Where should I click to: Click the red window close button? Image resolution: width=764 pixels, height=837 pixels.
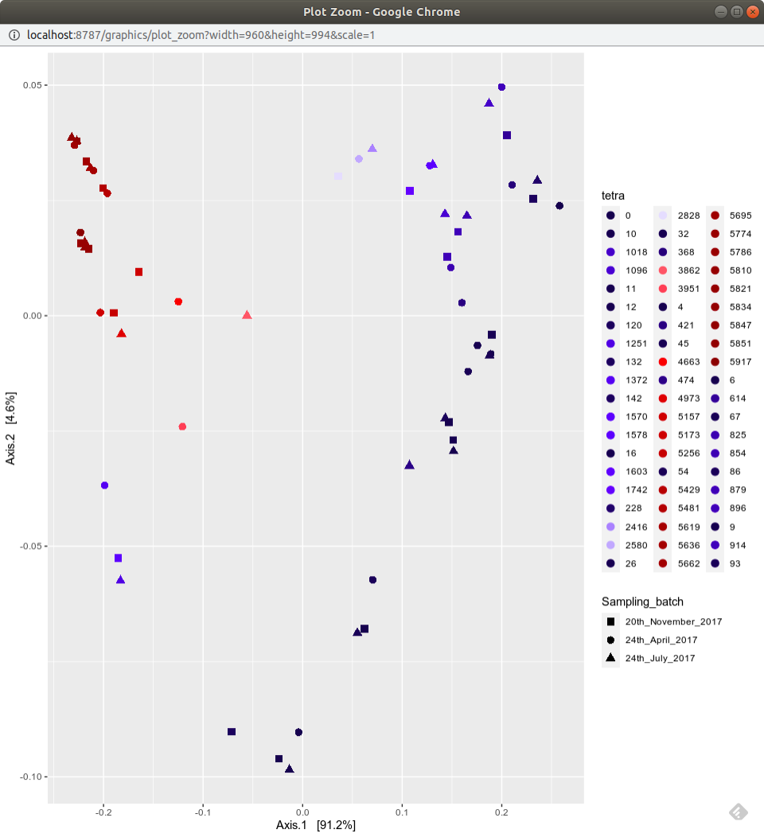[x=752, y=12]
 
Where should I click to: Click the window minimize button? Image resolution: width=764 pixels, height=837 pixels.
[x=720, y=12]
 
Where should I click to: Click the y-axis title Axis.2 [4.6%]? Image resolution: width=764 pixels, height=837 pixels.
[x=11, y=428]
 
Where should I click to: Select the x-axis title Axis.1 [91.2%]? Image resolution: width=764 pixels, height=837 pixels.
[x=316, y=825]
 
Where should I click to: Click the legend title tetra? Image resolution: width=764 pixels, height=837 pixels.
[x=613, y=196]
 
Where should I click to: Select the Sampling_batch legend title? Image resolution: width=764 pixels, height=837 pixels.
[x=642, y=601]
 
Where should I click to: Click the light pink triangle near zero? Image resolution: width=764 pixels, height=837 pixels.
[x=247, y=315]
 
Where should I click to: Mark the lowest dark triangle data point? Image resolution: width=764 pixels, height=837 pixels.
[x=290, y=769]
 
